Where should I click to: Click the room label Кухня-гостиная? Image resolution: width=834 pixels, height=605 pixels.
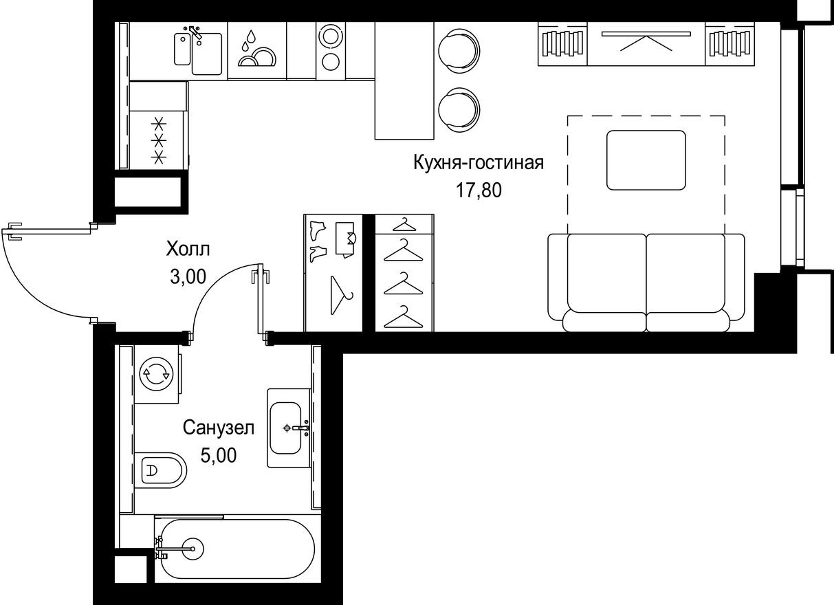479,164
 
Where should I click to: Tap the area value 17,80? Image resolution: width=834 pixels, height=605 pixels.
479,190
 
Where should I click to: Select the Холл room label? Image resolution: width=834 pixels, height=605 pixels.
188,249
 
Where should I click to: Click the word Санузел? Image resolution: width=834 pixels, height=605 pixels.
219,428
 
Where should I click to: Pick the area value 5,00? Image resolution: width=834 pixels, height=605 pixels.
219,455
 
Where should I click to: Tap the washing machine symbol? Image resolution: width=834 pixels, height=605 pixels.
155,373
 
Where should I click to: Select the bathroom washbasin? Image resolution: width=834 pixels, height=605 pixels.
286,428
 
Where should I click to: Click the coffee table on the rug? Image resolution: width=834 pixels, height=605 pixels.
646,159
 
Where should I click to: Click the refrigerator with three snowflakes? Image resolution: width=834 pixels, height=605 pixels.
159,140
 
